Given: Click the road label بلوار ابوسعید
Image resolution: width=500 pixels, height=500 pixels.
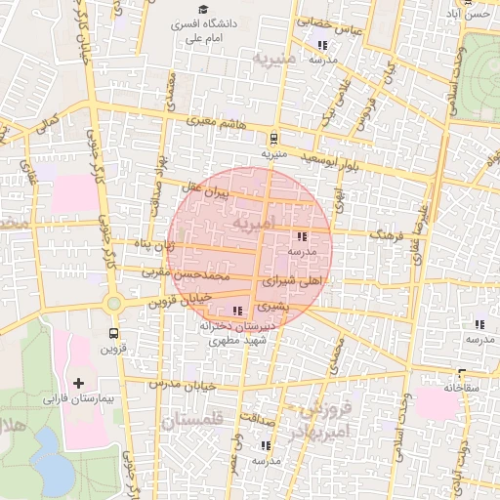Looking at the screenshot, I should coord(331,157).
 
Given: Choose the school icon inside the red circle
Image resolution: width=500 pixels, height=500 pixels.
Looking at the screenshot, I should coord(301,236).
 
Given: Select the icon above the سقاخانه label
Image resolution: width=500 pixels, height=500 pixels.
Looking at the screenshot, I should coord(460,373).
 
